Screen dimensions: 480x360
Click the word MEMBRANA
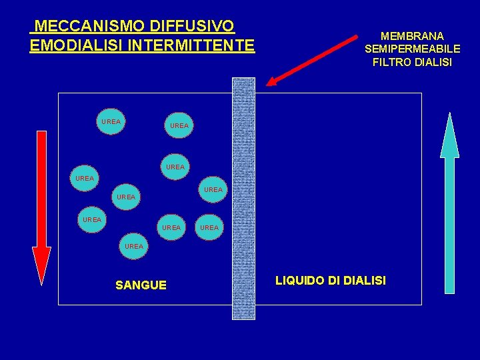point(412,35)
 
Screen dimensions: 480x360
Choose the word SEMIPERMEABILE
point(412,49)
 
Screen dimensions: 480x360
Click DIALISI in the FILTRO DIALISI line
point(433,62)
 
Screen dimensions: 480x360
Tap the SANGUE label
point(141,285)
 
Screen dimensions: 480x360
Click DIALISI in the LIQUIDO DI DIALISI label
point(363,281)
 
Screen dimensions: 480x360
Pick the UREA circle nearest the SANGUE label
point(134,247)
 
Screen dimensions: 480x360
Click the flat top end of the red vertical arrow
point(41,133)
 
